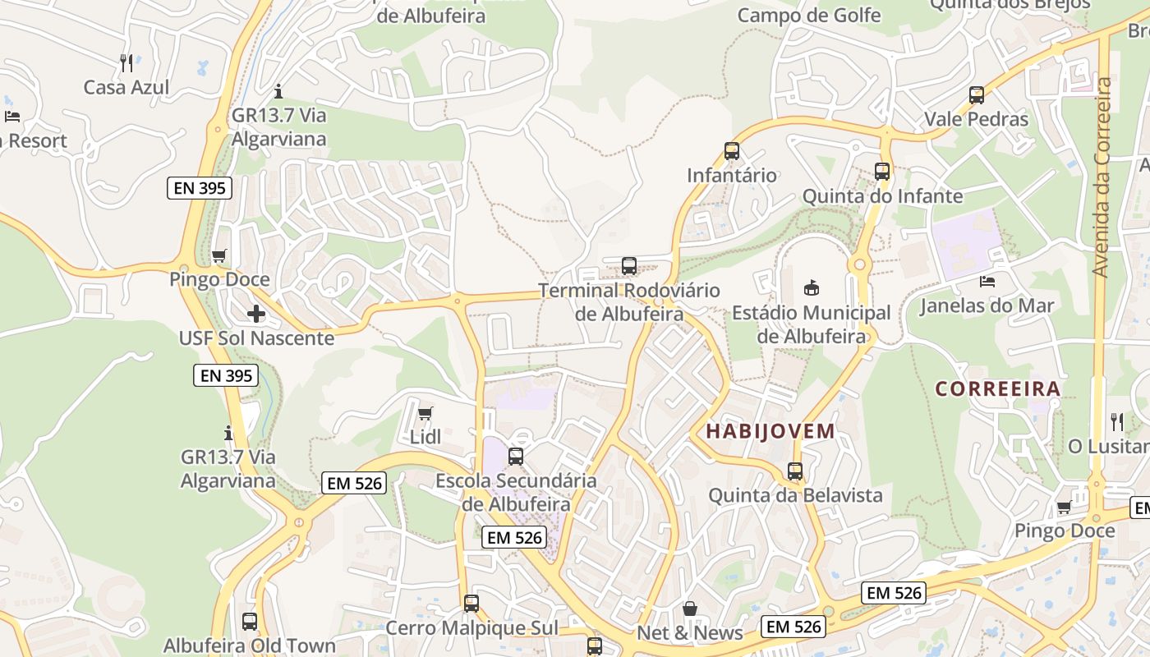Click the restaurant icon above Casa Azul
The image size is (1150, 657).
(126, 63)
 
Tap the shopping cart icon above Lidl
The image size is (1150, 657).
(425, 413)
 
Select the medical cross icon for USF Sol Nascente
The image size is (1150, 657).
(256, 314)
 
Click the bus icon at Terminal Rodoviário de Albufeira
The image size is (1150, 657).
(629, 266)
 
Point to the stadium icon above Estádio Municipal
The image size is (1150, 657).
(811, 287)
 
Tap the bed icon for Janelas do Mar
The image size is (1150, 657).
(987, 282)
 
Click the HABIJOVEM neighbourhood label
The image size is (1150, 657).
(770, 431)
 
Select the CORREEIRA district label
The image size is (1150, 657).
(998, 389)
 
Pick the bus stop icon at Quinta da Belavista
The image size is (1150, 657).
(795, 471)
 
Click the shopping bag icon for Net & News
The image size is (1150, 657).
(690, 609)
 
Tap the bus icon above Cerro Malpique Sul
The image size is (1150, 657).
(471, 604)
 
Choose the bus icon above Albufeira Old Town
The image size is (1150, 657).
(250, 622)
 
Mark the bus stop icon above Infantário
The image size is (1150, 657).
(732, 151)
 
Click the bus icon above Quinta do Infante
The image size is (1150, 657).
(882, 172)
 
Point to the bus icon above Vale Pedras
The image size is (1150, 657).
(977, 95)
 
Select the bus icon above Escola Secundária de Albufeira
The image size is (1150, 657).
(516, 457)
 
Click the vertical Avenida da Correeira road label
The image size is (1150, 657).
(1103, 177)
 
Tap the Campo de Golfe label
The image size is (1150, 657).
(808, 15)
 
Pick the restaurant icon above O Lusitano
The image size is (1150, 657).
(1117, 422)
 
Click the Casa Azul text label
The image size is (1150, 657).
(126, 87)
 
